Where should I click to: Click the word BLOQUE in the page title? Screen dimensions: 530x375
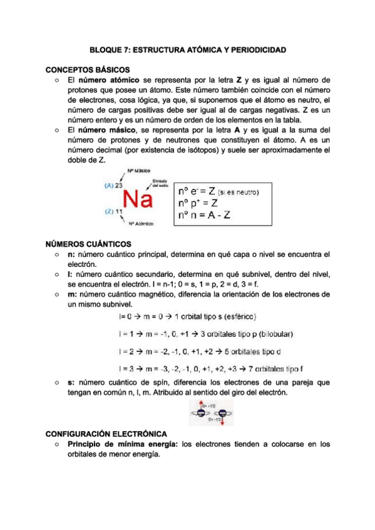pos(106,49)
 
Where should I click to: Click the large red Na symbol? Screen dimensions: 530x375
pos(138,199)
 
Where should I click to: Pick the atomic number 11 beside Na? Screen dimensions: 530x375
pos(118,212)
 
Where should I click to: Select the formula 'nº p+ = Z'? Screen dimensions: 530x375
pos(198,203)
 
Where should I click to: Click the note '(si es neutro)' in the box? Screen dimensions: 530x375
pos(240,191)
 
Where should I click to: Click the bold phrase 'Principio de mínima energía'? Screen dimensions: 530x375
pos(121,444)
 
